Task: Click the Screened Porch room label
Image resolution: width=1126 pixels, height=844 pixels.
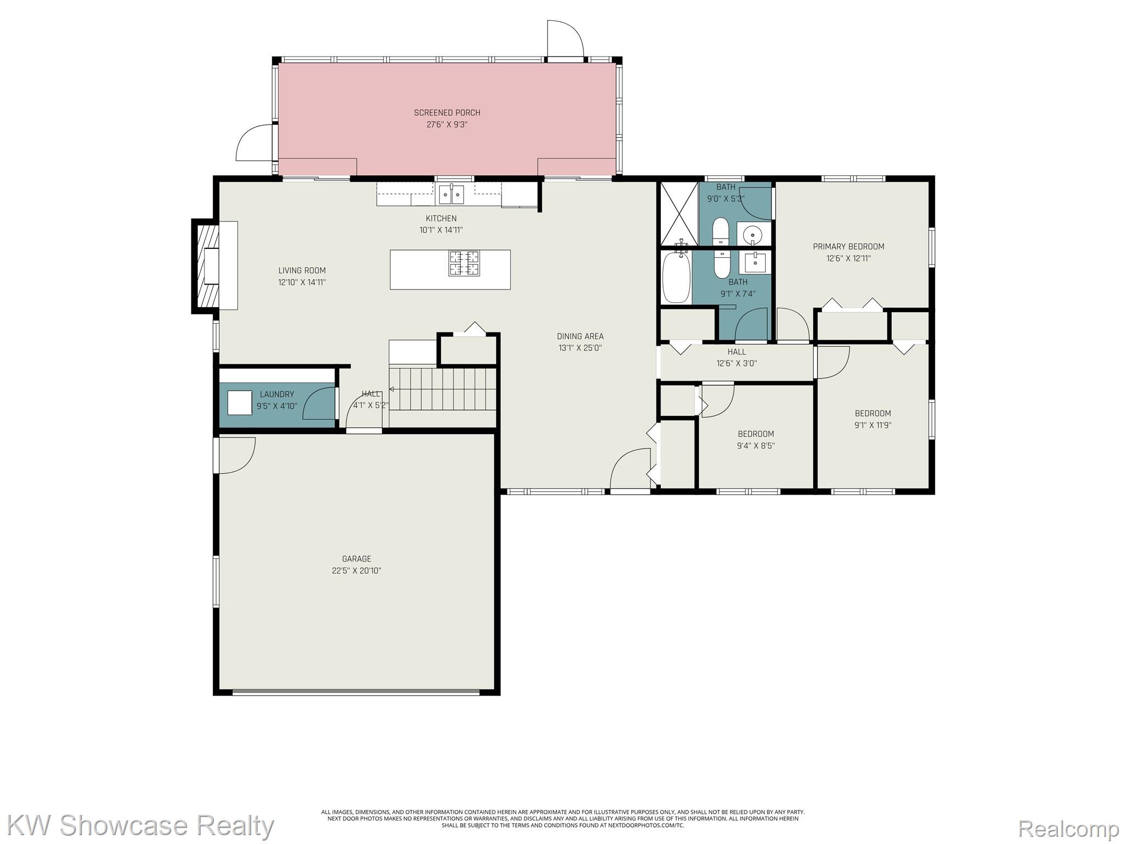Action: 447,113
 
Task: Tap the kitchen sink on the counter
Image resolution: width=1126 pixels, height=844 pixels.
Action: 451,194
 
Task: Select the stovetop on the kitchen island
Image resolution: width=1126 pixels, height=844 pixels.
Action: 464,263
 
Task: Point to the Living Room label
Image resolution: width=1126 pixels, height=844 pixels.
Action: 302,270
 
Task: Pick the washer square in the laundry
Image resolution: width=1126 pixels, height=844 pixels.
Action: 240,403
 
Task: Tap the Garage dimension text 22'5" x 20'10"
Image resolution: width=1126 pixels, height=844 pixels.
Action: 356,570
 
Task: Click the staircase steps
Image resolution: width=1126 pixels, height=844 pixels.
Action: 443,389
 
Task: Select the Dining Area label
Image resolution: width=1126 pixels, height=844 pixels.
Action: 580,336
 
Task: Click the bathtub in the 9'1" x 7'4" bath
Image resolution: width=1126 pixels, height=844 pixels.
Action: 676,277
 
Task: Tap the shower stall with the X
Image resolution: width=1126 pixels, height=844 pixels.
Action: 679,213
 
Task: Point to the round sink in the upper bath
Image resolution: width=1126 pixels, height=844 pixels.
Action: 752,236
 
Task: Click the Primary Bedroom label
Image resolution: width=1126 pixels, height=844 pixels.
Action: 848,247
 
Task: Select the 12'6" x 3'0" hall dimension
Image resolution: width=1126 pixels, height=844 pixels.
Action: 737,363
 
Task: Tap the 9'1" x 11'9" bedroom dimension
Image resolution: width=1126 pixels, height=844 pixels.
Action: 873,425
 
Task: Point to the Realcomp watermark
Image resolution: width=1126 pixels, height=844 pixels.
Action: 1069,828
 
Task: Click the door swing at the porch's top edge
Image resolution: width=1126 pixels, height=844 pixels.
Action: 565,38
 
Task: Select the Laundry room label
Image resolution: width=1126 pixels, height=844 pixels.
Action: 277,395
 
